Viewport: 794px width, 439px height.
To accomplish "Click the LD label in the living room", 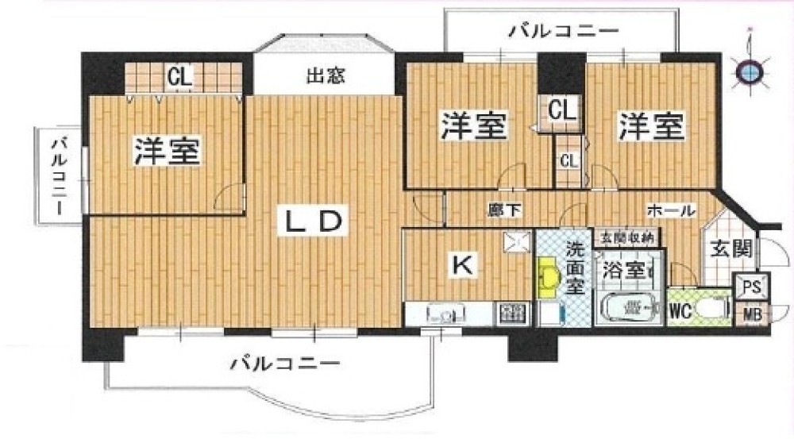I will click(x=313, y=221).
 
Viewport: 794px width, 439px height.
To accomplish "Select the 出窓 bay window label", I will click(x=325, y=78).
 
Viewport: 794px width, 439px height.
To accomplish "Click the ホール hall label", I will click(x=672, y=211).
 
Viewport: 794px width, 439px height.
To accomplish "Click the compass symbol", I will click(x=749, y=71).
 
